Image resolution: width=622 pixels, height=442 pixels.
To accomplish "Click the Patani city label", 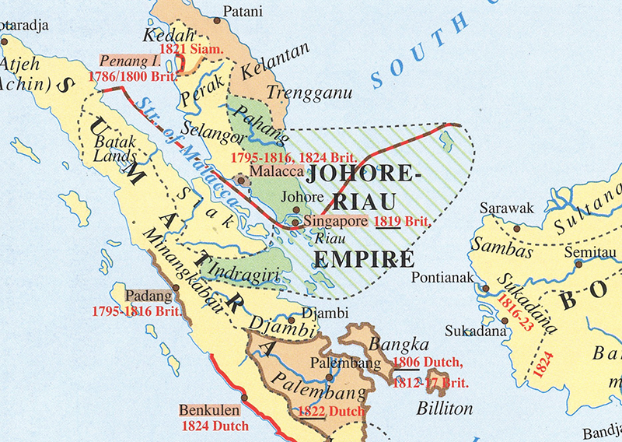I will tap(243, 11).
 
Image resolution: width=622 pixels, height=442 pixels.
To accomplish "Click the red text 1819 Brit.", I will tap(402, 222).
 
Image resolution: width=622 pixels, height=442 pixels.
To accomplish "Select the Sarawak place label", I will tap(505, 209).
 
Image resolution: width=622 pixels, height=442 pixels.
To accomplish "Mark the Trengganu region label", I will tap(309, 93).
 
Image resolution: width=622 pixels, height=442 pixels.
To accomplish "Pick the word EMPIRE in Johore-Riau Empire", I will tap(359, 257).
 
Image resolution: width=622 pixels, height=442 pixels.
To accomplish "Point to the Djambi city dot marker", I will tap(291, 319).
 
